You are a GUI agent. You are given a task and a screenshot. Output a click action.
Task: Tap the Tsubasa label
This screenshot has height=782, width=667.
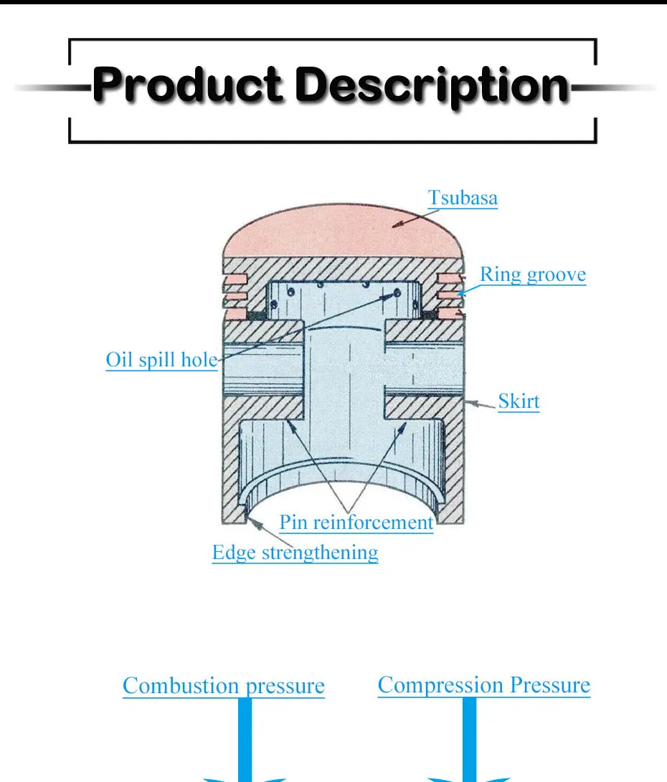463,198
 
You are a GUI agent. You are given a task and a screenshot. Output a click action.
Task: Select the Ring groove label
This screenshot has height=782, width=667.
532,275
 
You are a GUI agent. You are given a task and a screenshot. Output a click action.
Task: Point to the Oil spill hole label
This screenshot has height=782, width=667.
161,359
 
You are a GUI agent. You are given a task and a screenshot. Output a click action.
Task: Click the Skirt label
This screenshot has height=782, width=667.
519,401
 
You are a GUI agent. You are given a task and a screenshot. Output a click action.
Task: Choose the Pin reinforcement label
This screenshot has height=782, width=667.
356,522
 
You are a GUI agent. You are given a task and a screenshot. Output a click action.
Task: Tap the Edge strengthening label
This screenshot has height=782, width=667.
295,553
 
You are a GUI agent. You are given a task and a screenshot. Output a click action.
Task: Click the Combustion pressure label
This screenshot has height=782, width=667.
223,685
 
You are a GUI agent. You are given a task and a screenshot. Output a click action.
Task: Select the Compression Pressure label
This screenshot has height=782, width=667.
483,685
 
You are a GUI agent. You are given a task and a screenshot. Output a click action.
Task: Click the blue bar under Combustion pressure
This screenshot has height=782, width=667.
245,738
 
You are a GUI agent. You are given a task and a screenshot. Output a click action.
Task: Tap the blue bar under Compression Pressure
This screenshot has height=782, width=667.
470,738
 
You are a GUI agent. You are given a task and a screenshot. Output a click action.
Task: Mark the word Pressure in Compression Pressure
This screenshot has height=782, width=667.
550,685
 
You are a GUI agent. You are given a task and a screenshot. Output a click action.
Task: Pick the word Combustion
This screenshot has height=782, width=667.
182,685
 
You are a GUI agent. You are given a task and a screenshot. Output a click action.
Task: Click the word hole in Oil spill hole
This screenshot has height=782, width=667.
199,359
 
